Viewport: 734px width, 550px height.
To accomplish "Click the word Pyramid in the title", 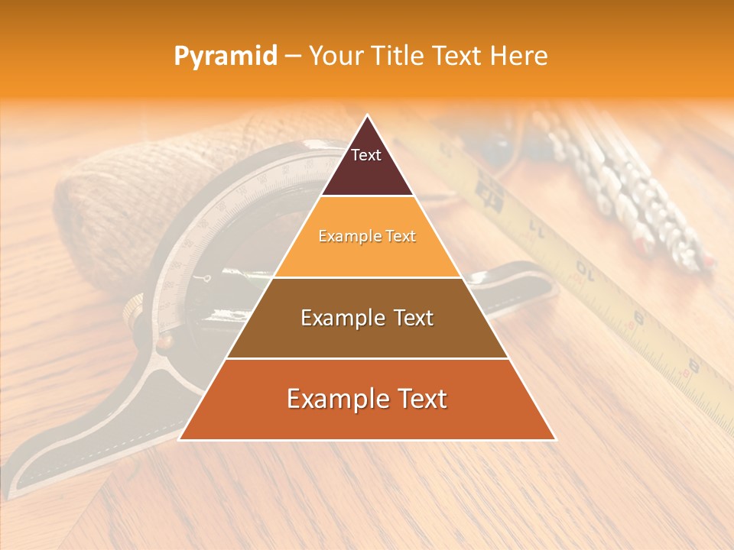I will coord(226,57).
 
